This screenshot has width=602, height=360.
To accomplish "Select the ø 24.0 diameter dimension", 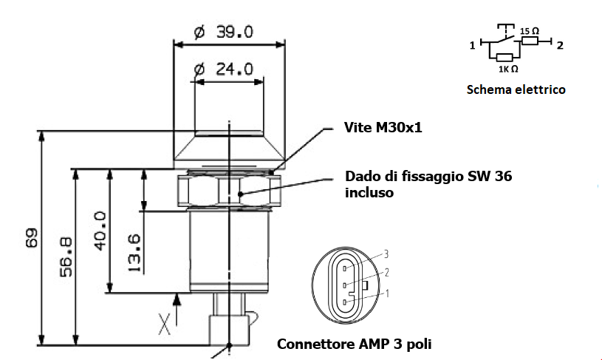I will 224,69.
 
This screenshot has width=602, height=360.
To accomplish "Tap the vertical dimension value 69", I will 32,238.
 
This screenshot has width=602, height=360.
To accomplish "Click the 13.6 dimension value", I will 134,253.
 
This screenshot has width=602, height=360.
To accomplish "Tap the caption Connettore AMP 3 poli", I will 354,344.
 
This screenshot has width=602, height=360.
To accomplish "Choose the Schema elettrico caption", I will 516,89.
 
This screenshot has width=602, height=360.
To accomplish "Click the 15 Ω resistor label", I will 530,31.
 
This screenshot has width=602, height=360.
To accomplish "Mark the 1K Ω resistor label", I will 507,69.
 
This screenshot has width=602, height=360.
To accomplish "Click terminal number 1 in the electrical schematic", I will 472,46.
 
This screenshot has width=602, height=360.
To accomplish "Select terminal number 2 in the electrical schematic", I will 560,46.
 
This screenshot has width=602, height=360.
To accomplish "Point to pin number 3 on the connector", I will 386,254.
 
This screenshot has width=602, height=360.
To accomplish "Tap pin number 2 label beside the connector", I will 386,274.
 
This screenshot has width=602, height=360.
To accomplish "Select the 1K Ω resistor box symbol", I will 505,56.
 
